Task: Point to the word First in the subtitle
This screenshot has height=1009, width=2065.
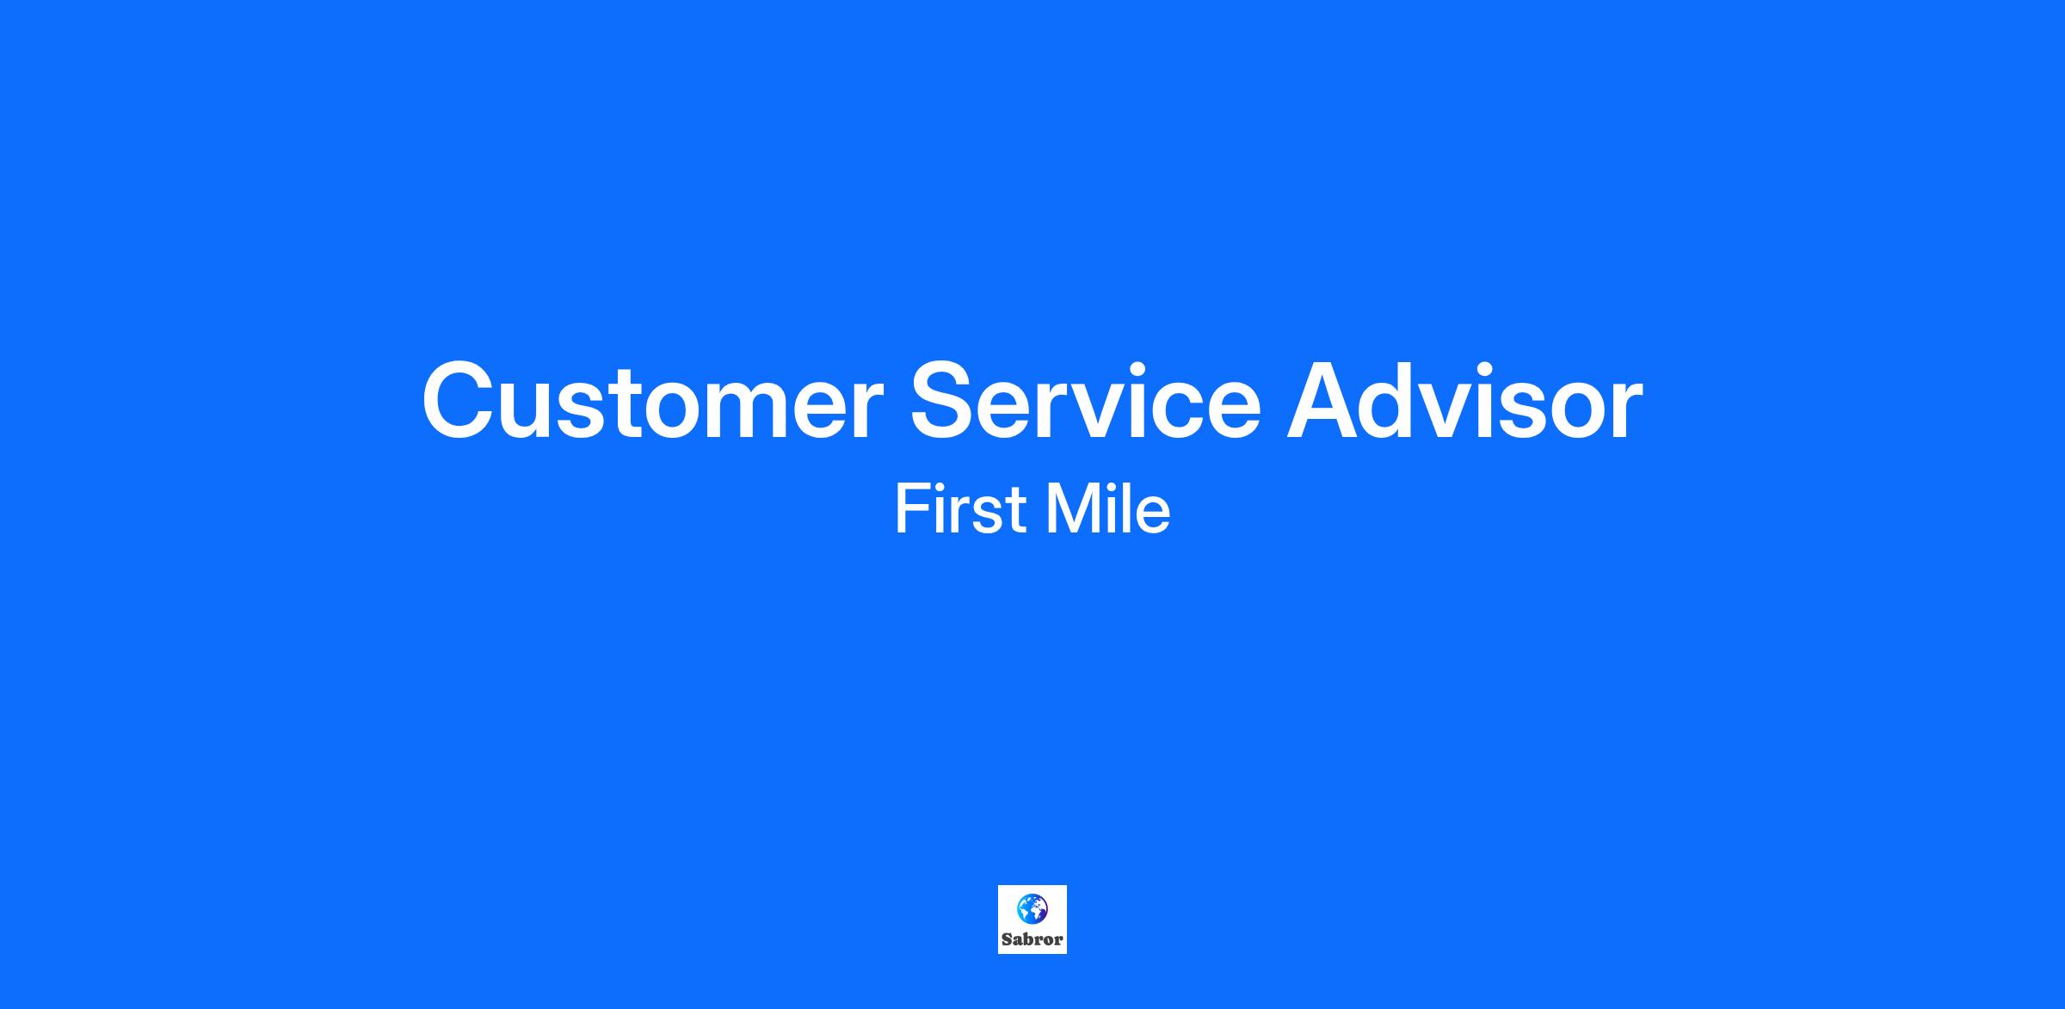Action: [960, 509]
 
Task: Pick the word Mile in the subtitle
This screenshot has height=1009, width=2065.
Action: [1108, 509]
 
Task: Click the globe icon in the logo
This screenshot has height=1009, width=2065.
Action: [1032, 908]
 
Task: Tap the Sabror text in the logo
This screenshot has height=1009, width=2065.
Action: [1032, 939]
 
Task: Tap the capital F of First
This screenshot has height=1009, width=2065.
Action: [913, 509]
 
